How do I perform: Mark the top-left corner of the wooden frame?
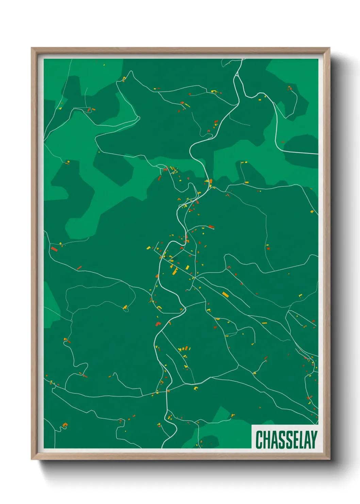point(32,48)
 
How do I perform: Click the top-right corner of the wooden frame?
point(329,48)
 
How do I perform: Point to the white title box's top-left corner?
point(252,425)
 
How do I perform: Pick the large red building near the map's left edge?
point(54,249)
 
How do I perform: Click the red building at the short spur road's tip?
point(211,226)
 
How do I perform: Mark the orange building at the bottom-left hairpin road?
point(65,425)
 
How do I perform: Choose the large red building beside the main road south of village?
point(158,324)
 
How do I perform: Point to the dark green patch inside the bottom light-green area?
point(208,441)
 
